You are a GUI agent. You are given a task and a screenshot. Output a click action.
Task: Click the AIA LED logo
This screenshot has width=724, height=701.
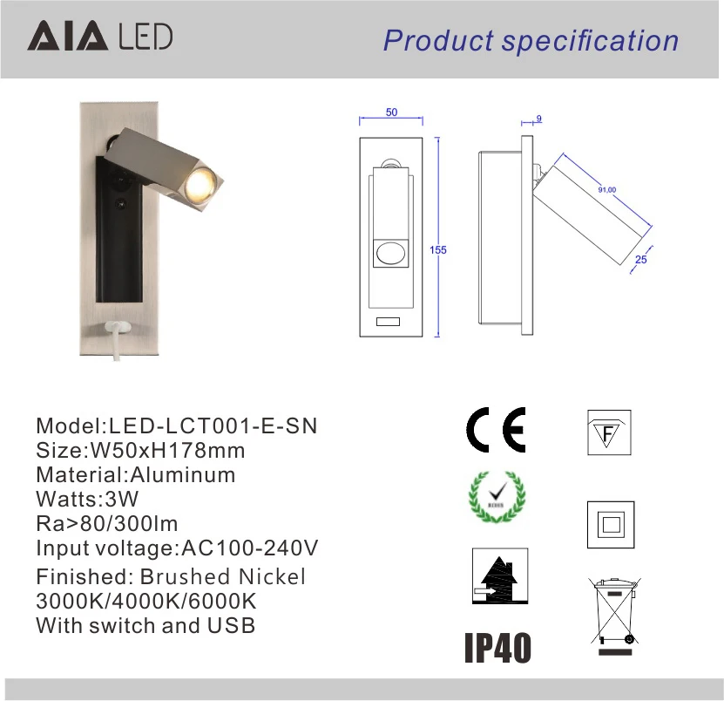coord(100,36)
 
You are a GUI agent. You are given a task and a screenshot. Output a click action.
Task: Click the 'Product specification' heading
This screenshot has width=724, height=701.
coord(531,41)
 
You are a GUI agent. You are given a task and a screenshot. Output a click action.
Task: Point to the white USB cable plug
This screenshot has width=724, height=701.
coord(118,326)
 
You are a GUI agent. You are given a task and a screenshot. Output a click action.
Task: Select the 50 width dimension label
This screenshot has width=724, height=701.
coord(391,112)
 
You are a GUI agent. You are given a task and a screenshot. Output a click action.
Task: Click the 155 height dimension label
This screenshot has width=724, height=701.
coord(438,250)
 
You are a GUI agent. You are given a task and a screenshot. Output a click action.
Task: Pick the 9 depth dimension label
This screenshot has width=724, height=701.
coord(538,119)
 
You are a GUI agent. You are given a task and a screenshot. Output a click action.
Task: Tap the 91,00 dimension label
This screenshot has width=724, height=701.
coord(607,189)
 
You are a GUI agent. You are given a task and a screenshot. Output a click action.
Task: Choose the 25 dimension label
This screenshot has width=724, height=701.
coord(641,260)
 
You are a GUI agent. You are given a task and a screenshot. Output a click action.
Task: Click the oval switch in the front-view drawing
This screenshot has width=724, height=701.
coord(391,253)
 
